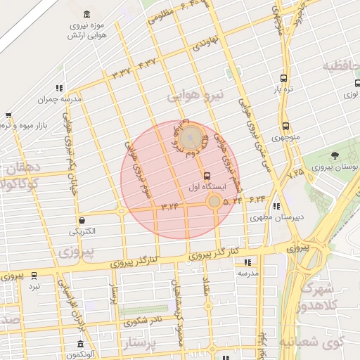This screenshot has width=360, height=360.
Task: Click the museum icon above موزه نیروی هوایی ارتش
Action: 86,15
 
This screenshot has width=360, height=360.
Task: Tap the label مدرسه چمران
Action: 60,99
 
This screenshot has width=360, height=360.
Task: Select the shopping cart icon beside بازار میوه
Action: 8,115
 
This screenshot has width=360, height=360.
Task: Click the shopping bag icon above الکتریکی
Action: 82,220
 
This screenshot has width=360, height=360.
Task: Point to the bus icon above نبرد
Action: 34,276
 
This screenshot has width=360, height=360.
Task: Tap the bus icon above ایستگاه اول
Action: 206,176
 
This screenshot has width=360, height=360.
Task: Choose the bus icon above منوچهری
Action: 285,126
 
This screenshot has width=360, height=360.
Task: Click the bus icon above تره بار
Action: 283,79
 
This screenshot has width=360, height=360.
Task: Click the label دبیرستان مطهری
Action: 276,217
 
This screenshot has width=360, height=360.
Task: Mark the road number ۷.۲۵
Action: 296,172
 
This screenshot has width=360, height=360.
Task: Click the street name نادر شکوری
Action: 143,321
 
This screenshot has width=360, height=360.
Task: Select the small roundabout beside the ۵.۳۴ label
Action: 214,202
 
